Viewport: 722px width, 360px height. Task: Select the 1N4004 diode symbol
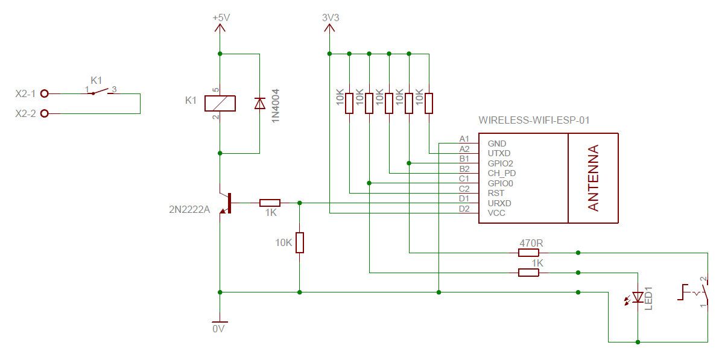click(260, 104)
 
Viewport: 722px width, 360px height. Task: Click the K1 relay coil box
click(220, 104)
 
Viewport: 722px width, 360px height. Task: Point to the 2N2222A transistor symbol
click(226, 203)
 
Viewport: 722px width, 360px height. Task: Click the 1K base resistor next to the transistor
click(270, 203)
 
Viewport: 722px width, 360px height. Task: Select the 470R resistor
click(528, 252)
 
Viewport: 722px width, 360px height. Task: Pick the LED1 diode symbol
click(637, 297)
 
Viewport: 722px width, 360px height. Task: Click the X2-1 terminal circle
click(45, 93)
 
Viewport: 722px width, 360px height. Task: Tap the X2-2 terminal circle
click(45, 113)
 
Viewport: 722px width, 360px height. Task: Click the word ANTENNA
click(594, 178)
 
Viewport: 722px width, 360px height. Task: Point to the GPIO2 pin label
click(500, 163)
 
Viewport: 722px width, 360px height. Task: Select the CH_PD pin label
click(501, 174)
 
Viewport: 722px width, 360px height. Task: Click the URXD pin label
click(499, 203)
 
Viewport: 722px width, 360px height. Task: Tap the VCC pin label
click(496, 213)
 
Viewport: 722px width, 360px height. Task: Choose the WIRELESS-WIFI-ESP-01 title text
click(534, 121)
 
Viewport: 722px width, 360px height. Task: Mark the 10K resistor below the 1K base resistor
click(300, 242)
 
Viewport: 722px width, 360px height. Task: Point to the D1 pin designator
click(464, 199)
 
